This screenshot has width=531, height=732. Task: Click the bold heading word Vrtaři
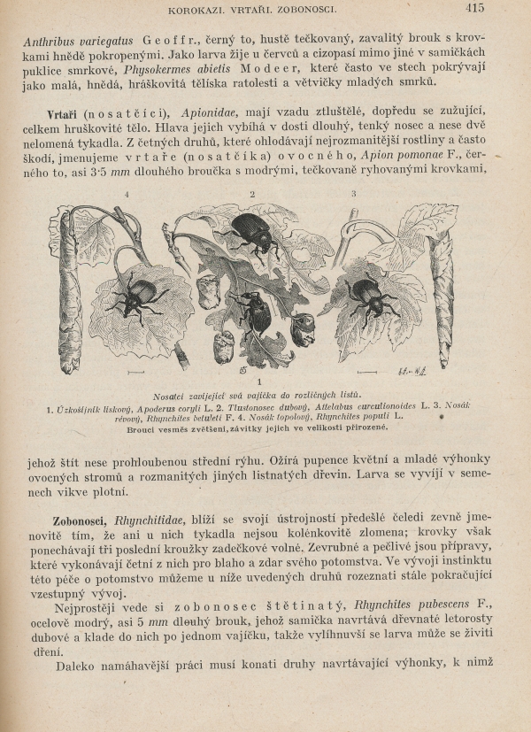[x=67, y=115]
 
